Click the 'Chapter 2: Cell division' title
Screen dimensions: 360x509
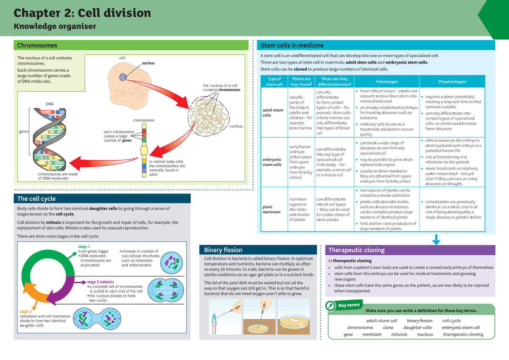83,13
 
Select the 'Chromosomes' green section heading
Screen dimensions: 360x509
37,45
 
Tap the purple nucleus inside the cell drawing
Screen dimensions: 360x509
123,77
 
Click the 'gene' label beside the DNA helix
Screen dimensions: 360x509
23,132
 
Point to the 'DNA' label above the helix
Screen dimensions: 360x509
49,103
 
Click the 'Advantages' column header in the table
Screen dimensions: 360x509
386,81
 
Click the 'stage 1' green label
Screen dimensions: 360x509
84,246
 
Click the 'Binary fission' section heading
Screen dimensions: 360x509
223,250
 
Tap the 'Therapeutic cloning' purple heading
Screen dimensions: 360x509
357,250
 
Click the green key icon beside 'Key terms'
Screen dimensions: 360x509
330,307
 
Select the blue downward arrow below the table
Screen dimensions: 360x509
436,240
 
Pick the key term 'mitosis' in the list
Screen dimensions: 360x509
399,334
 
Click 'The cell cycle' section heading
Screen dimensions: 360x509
36,198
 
